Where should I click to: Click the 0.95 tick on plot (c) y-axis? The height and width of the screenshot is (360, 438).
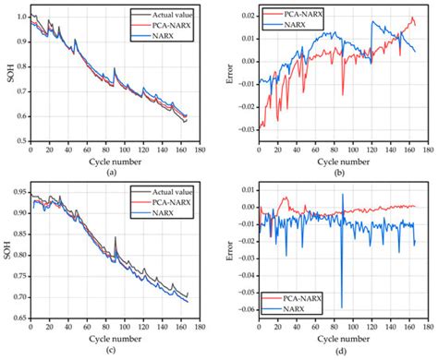pos(18,197)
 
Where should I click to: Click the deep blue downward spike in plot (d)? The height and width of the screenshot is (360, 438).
pos(342,305)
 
